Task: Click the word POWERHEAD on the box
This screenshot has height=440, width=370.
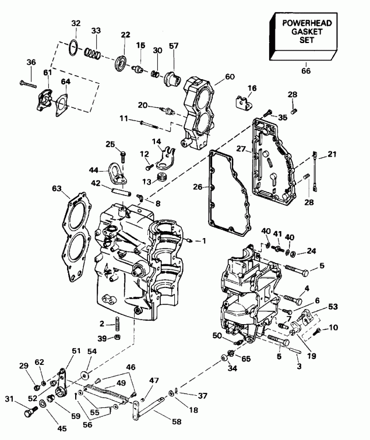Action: pyautogui.click(x=302, y=23)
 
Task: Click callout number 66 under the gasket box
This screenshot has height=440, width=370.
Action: pyautogui.click(x=305, y=71)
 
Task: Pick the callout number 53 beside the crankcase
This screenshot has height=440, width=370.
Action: pyautogui.click(x=333, y=306)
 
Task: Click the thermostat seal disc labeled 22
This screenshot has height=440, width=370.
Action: pyautogui.click(x=124, y=62)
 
